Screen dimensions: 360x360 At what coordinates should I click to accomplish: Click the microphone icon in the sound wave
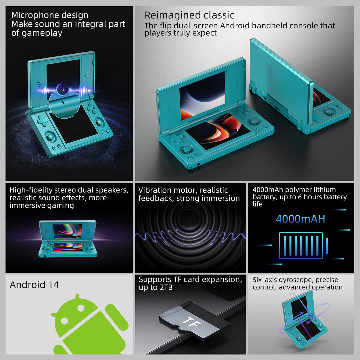pos(62,89)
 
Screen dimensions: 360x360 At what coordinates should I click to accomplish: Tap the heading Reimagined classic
pos(189,15)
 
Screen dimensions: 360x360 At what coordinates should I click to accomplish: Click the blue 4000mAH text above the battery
pos(300,219)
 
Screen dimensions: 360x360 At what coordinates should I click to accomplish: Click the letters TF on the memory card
pos(189,321)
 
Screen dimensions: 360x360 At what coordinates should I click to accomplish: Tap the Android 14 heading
pos(34,285)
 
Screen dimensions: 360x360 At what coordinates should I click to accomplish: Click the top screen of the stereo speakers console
pos(68,231)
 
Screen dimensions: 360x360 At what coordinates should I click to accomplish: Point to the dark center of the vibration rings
pos(190,218)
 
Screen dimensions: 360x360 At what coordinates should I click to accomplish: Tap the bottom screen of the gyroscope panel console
pos(308,329)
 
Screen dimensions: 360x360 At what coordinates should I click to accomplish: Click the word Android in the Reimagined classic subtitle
pos(255,26)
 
